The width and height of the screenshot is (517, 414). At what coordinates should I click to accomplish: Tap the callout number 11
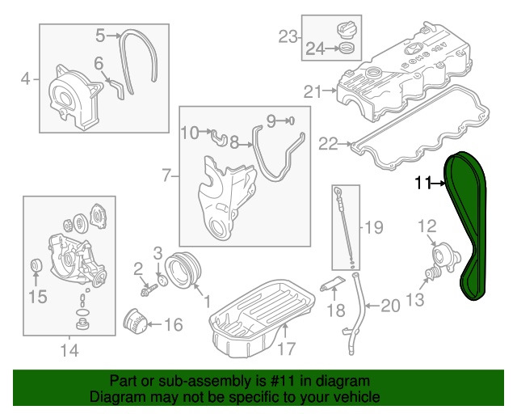coord(422,184)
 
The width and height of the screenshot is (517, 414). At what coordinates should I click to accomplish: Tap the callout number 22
coord(328,144)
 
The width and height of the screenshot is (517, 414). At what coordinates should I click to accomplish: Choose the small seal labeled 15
coord(35,268)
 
